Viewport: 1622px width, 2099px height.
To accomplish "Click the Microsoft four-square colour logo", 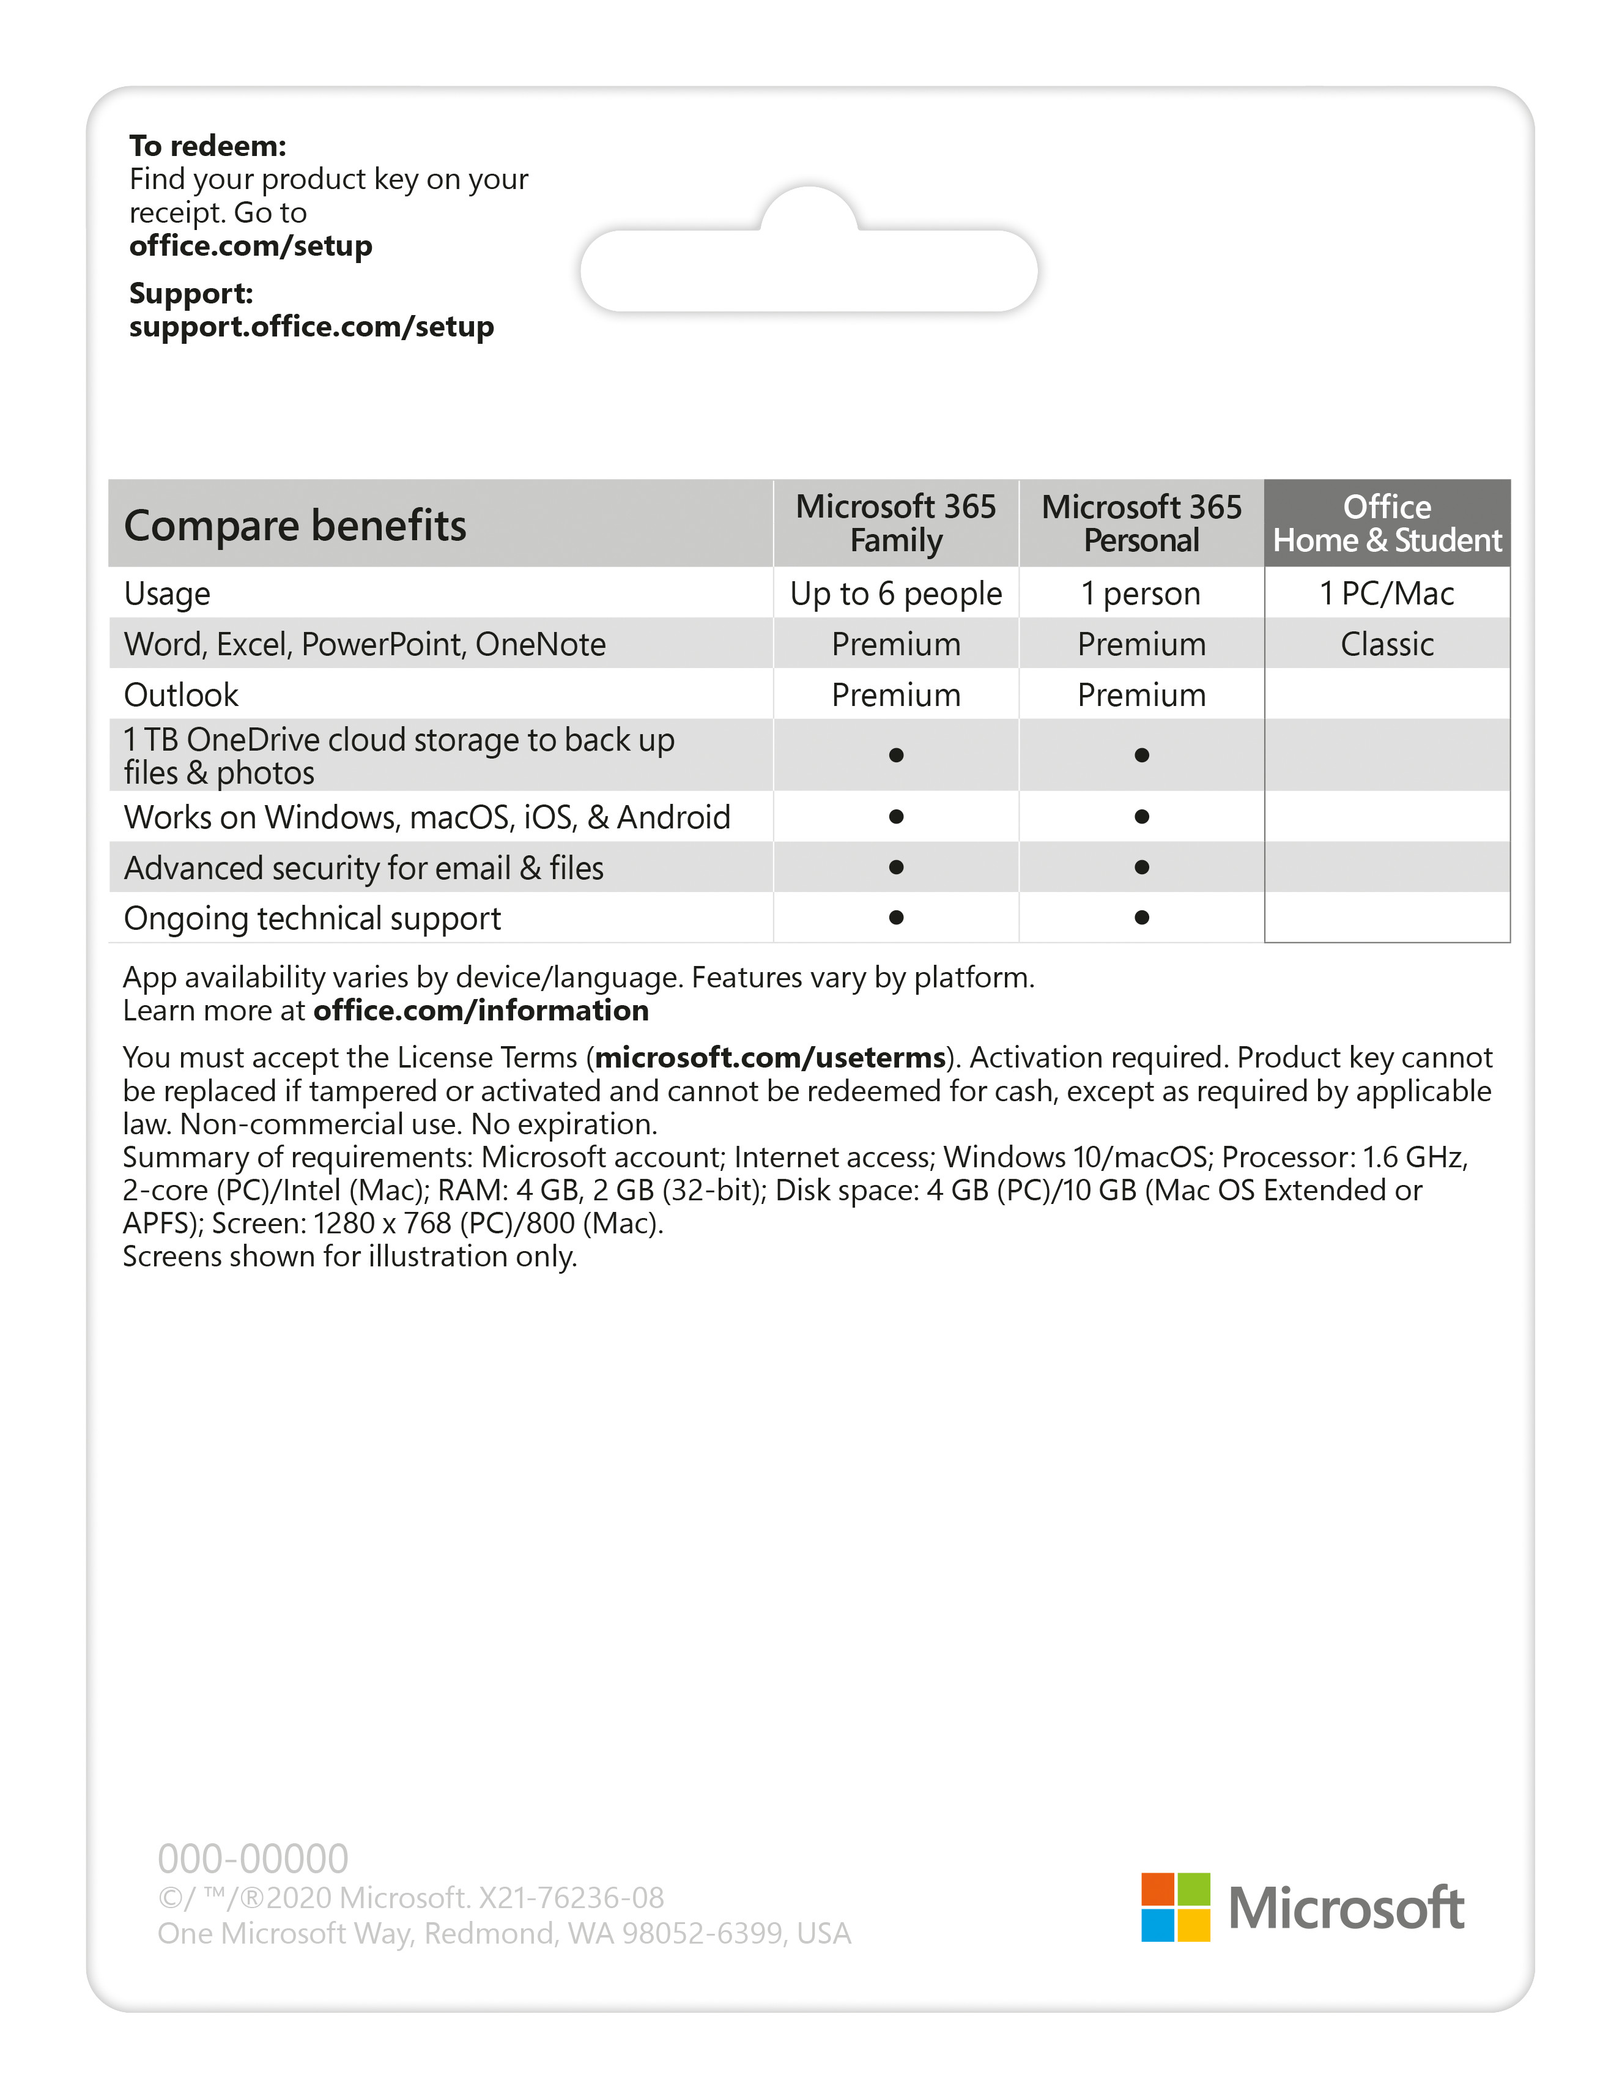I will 1175,1907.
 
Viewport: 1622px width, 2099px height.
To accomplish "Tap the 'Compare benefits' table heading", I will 295,526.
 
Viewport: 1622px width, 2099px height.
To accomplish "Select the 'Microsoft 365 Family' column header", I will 895,523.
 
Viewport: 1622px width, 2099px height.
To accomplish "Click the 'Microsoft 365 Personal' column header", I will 1141,523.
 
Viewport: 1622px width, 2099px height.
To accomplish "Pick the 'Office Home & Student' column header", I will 1387,523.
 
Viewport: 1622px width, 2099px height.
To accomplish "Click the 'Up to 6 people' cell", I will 895,594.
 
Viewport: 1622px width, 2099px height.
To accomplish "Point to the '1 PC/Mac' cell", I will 1387,594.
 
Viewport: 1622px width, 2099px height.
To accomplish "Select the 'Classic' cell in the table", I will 1387,644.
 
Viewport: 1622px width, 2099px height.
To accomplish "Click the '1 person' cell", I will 1141,594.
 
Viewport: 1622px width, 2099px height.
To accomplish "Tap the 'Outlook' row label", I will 180,695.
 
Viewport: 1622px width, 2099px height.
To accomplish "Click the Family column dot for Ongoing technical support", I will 895,918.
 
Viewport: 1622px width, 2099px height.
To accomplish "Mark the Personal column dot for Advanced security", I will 1141,867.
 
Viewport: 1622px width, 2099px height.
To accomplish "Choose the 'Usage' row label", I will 166,594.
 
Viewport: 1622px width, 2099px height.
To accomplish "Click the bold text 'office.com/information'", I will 481,1010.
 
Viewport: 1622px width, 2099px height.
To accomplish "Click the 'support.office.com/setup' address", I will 311,327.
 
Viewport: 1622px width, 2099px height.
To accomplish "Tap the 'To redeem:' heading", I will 207,146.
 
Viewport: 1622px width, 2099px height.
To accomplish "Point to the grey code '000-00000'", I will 253,1859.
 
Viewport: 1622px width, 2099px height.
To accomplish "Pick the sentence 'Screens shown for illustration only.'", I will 350,1256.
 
